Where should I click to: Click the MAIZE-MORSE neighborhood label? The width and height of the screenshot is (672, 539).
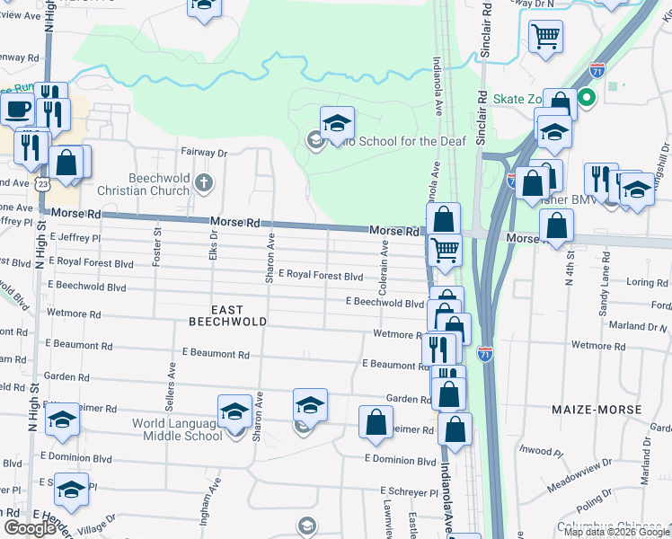pyautogui.click(x=597, y=410)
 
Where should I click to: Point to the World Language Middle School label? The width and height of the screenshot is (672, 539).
pyautogui.click(x=177, y=429)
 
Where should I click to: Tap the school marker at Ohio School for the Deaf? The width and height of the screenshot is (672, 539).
pyautogui.click(x=337, y=124)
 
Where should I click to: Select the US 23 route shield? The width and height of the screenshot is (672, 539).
pyautogui.click(x=42, y=182)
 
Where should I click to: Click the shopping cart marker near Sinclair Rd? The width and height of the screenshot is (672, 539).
pyautogui.click(x=545, y=37)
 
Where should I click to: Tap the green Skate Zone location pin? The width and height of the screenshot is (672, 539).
pyautogui.click(x=587, y=97)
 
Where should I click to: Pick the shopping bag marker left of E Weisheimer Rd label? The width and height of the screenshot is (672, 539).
pyautogui.click(x=376, y=421)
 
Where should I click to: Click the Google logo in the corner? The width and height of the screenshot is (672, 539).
pyautogui.click(x=31, y=527)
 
